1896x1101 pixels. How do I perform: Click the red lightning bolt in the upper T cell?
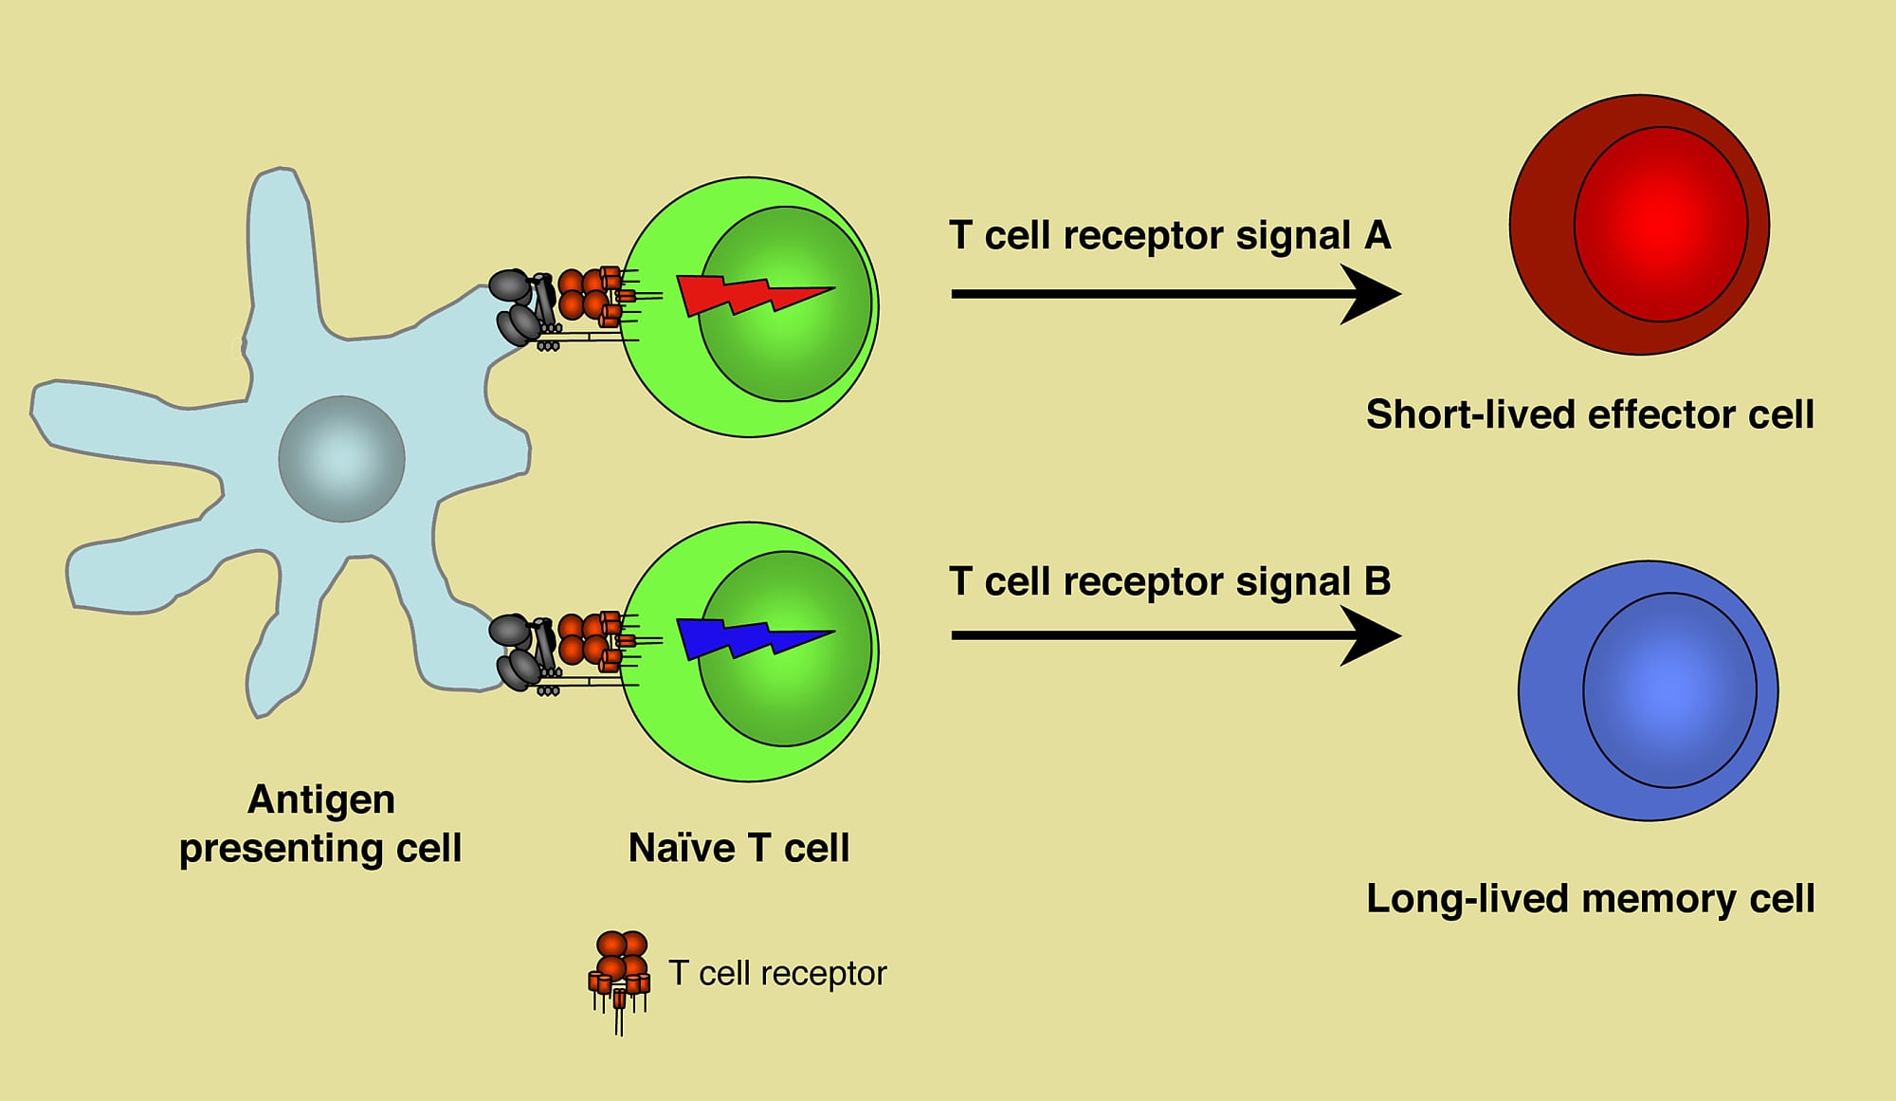tap(749, 295)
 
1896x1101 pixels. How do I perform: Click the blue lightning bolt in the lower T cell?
tap(749, 637)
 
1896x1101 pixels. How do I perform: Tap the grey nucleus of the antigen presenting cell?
tap(341, 459)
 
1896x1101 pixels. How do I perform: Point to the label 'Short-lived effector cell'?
tap(1590, 414)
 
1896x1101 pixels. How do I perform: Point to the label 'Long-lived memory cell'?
tap(1590, 898)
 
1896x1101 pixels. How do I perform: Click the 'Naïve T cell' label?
tap(738, 848)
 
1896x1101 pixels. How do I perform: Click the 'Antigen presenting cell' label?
tap(320, 823)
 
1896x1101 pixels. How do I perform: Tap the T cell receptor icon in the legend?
tap(621, 972)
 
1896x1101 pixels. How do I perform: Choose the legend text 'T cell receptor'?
tap(777, 973)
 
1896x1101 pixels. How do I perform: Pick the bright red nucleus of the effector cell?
tap(1661, 225)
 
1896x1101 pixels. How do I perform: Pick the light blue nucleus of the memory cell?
tap(1669, 690)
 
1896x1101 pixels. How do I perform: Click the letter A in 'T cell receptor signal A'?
tap(1377, 235)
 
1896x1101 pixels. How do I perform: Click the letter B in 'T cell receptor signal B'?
tap(1377, 581)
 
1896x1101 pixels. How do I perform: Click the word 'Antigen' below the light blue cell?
tap(320, 799)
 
